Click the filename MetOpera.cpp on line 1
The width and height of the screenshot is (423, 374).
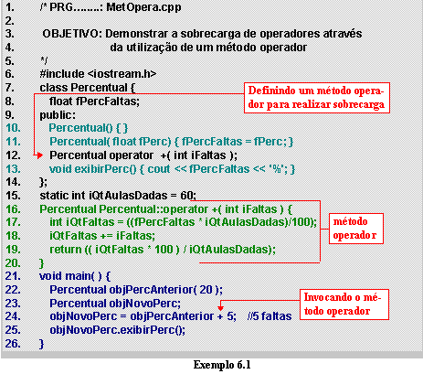coord(143,7)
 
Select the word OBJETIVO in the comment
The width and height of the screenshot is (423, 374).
coord(70,34)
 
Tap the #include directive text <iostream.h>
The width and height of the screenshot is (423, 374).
coord(122,74)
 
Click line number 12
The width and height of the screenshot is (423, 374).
coord(13,155)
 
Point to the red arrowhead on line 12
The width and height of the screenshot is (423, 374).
coord(39,155)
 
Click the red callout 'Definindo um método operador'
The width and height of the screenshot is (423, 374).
coord(317,98)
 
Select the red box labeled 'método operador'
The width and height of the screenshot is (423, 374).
coord(355,229)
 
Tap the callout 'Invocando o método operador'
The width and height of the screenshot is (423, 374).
coord(344,305)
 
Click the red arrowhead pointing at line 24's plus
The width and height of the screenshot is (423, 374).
coord(221,307)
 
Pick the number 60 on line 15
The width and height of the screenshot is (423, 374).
coord(186,196)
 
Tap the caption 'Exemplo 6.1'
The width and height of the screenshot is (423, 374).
coord(222,365)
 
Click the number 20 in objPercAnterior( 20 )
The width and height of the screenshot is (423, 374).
coord(206,290)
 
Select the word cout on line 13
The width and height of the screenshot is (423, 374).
coord(158,169)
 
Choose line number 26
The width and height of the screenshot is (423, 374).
coord(13,344)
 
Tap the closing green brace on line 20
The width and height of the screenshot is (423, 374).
coord(42,263)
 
